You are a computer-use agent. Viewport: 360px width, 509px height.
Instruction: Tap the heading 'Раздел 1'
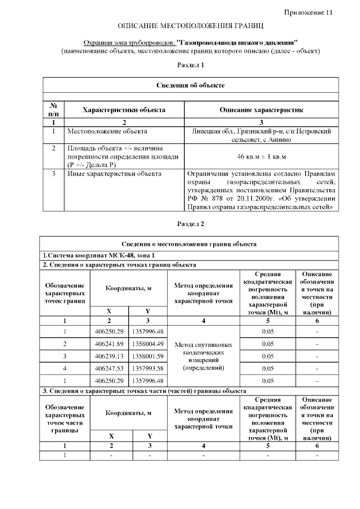point(191,65)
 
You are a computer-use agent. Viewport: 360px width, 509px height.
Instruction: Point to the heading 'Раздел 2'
point(191,224)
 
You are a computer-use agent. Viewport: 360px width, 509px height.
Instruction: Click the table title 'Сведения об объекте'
point(191,85)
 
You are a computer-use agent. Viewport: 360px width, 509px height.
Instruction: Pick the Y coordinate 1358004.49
point(148,343)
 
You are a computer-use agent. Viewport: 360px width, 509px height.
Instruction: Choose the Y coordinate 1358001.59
point(148,355)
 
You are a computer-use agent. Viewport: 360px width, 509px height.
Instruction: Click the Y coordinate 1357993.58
point(148,368)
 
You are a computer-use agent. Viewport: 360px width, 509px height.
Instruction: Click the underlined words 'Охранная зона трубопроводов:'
point(129,43)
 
